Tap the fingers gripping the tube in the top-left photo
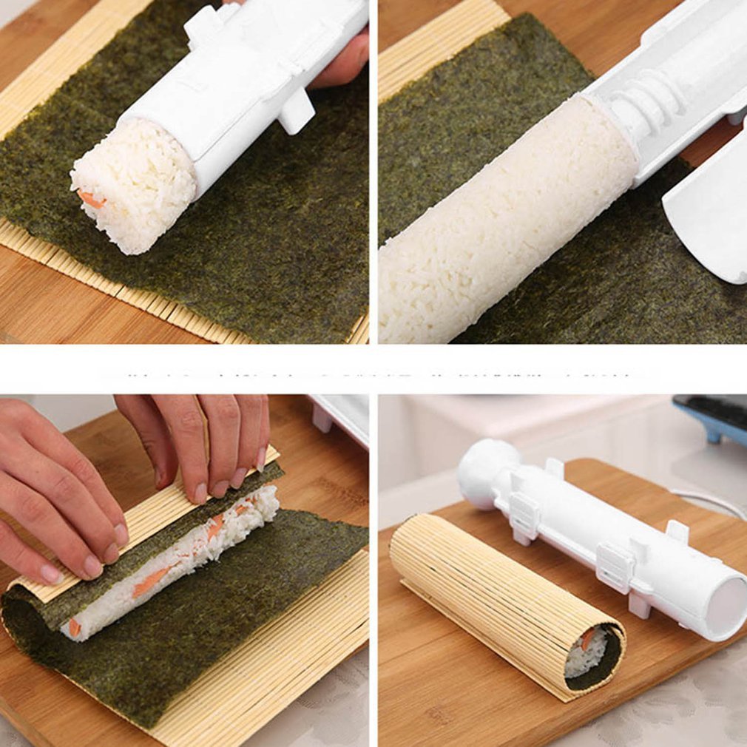[x=344, y=63]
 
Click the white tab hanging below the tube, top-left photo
[x=296, y=111]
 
